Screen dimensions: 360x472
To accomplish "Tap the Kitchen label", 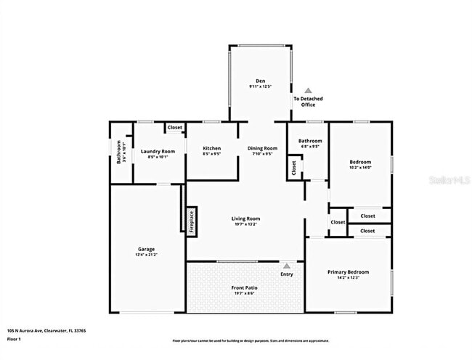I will (x=211, y=148).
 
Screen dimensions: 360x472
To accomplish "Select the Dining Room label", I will (x=262, y=148).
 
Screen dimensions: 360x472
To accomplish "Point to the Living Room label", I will (x=245, y=218).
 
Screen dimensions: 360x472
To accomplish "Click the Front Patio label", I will (x=244, y=287).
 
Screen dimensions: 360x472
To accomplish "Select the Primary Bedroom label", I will (x=343, y=272).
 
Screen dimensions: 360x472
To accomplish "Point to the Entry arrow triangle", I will (x=287, y=266).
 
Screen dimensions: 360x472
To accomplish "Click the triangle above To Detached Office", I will (x=308, y=89).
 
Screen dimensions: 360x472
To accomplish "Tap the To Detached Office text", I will (x=308, y=102).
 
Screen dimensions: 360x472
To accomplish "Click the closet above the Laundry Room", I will (x=174, y=128).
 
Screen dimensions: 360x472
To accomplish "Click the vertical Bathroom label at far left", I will (x=120, y=151).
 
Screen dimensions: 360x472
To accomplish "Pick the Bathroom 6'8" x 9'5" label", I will (x=309, y=143).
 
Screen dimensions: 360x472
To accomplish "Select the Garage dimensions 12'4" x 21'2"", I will (x=146, y=255).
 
